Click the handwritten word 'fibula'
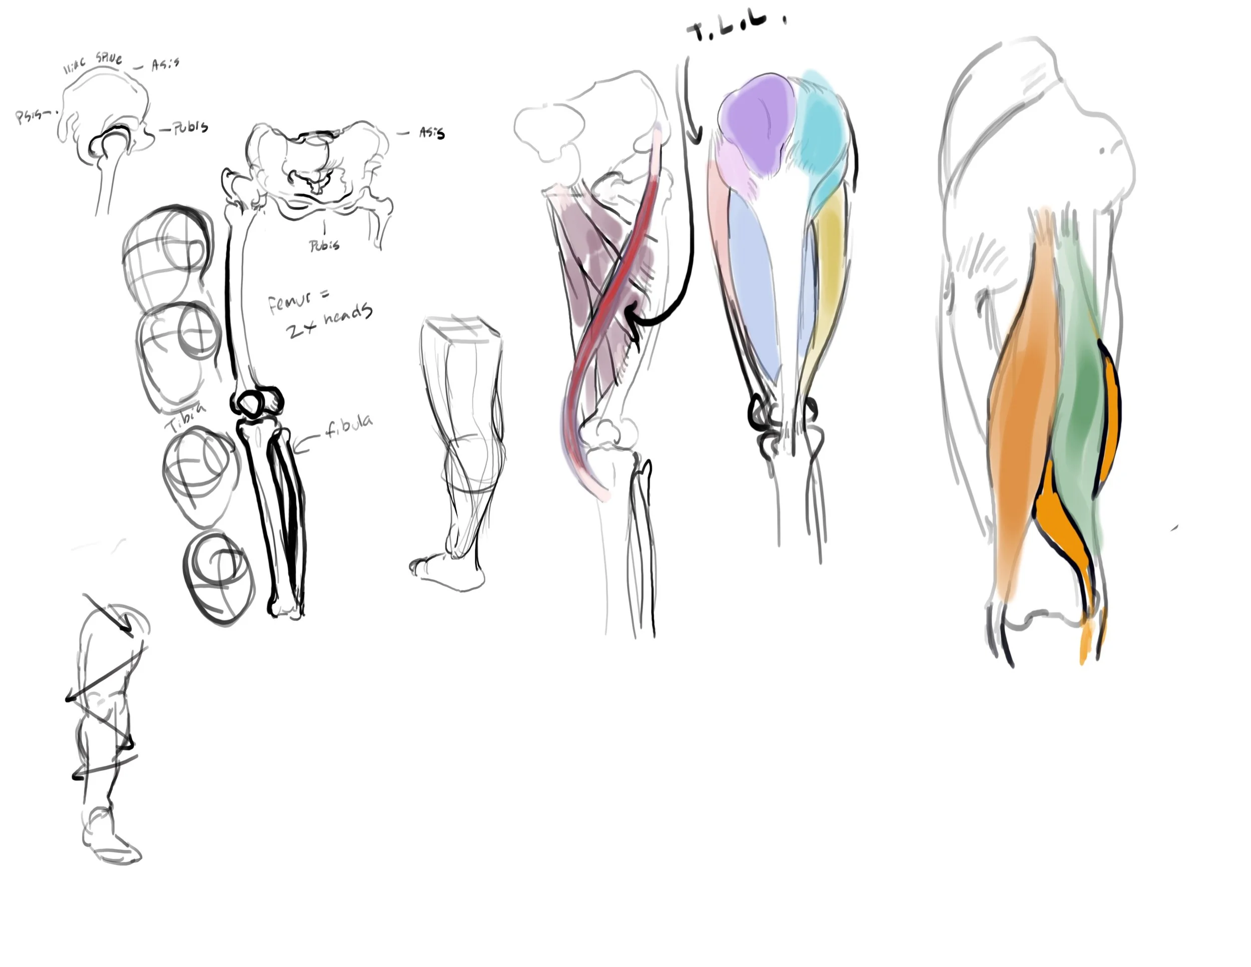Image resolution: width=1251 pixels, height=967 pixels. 348,426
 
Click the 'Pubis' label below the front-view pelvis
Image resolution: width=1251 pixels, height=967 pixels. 324,246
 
